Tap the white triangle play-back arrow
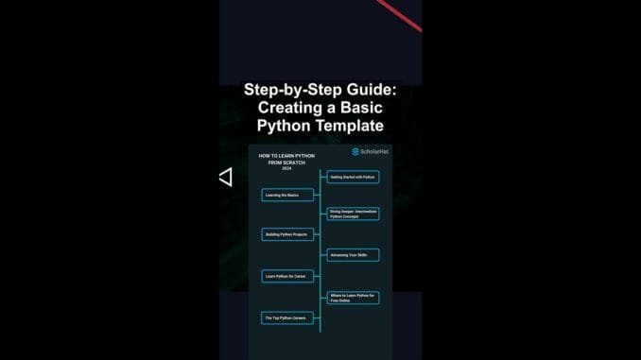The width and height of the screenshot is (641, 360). [x=225, y=177]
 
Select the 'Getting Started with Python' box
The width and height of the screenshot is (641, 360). [x=353, y=177]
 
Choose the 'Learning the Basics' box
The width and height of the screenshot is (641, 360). [x=286, y=195]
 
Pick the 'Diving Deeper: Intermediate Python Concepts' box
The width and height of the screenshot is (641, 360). [x=353, y=214]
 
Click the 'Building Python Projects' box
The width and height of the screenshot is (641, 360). [x=286, y=233]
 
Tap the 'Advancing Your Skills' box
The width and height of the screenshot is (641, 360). [x=353, y=255]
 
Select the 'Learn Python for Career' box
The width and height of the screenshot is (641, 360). [x=286, y=276]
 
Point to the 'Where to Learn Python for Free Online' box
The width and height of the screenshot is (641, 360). [x=353, y=297]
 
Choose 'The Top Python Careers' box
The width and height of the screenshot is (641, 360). [x=286, y=318]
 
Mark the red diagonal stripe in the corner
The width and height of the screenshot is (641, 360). [x=399, y=14]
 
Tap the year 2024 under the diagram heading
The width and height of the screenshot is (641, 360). [x=286, y=168]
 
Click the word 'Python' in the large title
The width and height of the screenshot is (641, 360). [x=284, y=126]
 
